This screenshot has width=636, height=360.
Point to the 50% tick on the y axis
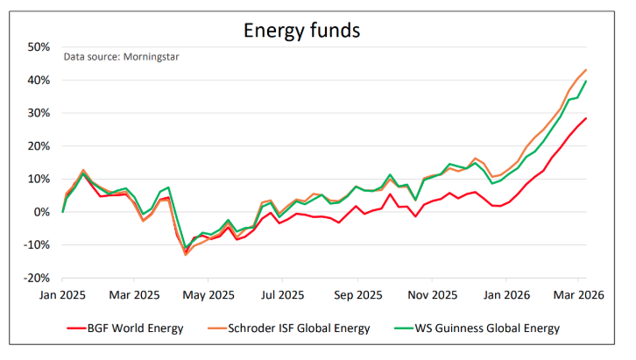click(39, 46)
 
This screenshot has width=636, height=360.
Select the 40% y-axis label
click(39, 80)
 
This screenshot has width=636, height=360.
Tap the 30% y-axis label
click(39, 113)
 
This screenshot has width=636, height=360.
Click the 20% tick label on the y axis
click(39, 145)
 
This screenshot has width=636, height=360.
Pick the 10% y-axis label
click(39, 179)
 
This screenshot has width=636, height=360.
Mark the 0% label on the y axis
click(42, 212)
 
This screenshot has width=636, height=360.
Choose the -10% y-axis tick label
click(37, 245)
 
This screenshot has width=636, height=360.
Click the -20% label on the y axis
click(37, 278)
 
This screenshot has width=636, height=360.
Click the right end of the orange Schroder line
click(585, 70)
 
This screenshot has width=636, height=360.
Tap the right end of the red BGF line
click(585, 118)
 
